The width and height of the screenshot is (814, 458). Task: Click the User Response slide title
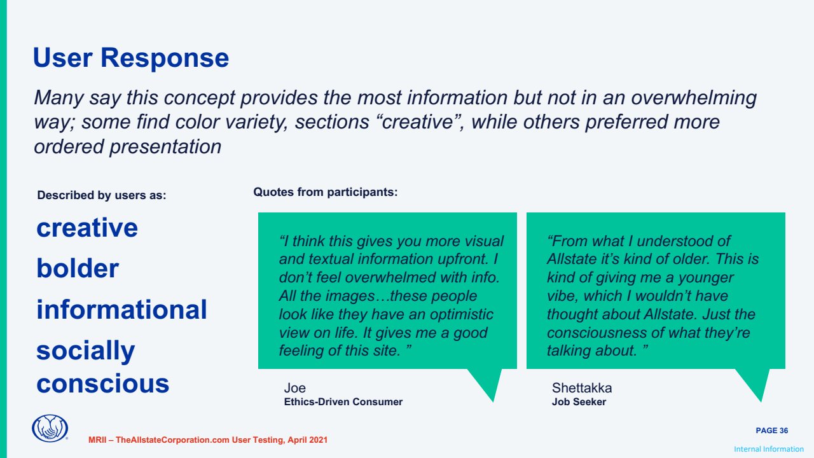(x=131, y=58)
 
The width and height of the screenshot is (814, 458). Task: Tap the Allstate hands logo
(x=50, y=428)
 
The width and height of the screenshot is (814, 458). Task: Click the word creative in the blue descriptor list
(x=87, y=228)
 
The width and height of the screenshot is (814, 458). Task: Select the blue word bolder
(x=78, y=268)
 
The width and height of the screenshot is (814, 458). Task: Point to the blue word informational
(x=121, y=310)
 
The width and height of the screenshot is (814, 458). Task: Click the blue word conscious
(x=103, y=384)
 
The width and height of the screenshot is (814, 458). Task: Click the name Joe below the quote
(x=294, y=388)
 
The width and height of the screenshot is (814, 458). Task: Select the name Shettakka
(x=582, y=388)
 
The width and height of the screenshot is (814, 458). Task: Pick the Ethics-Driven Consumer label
(x=343, y=402)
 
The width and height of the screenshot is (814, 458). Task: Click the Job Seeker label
(x=579, y=402)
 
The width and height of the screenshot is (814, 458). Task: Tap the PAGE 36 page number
(x=772, y=431)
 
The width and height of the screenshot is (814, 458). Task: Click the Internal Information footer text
(x=769, y=449)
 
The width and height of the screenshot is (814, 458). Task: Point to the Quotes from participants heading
(x=325, y=192)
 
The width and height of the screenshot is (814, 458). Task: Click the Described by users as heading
(x=101, y=195)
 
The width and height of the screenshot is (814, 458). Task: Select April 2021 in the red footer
(x=307, y=440)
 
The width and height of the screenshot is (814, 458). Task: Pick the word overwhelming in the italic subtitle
(x=694, y=98)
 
